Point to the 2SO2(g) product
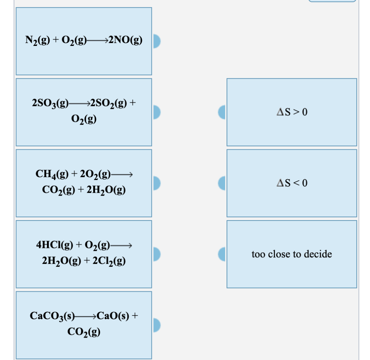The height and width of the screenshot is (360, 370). point(109,103)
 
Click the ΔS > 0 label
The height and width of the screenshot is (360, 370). point(292,112)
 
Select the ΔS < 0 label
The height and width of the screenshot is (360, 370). point(292,183)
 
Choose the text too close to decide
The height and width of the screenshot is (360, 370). point(292,254)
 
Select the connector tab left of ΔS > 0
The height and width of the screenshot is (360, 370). point(223,112)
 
